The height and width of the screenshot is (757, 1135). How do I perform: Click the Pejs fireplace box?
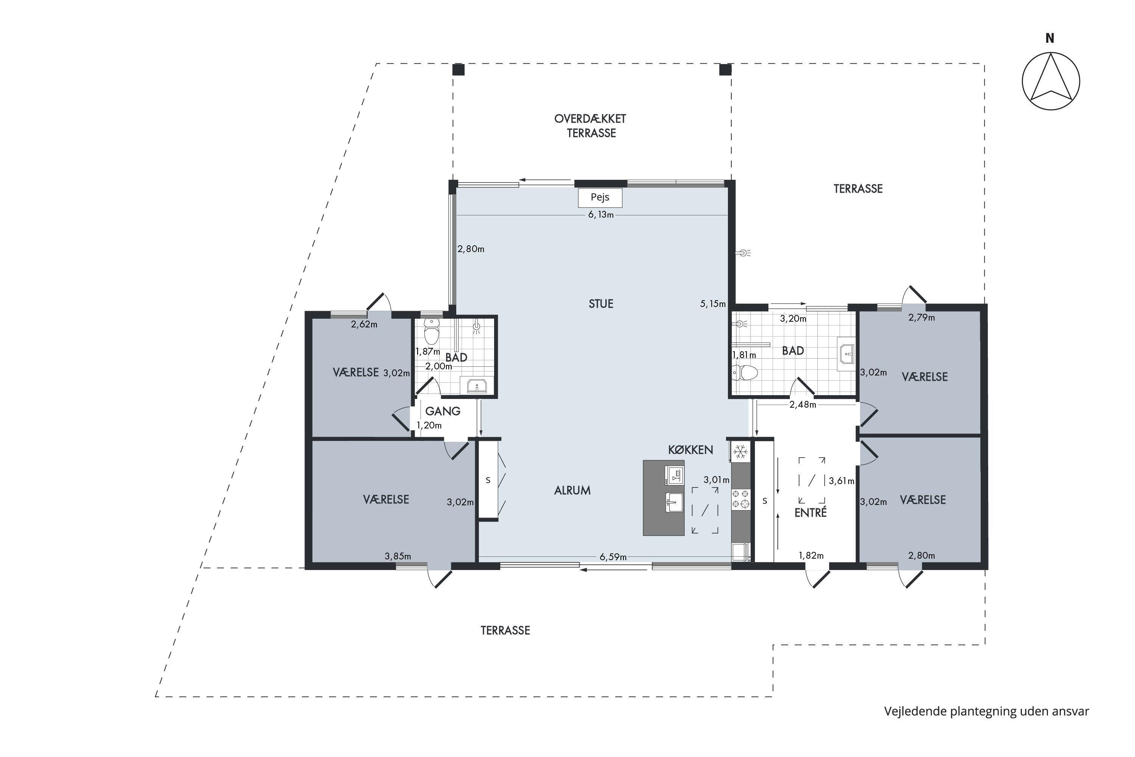pos(600,198)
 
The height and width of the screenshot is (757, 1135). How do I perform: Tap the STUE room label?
pos(601,304)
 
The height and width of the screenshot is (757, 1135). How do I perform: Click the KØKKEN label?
pos(690,450)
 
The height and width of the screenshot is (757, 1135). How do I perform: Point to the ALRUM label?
pos(572,491)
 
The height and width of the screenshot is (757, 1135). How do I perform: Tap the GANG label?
pos(443,411)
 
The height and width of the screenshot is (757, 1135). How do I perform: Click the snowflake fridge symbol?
pos(740,452)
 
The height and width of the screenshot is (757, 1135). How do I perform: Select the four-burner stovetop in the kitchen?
pos(740,499)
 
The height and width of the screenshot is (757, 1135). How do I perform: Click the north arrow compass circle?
pos(1051,81)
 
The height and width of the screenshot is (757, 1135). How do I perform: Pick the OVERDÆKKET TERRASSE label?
pos(591,126)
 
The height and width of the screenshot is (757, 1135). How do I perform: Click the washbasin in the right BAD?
pos(846,354)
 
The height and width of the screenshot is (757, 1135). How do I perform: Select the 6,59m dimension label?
pos(613,557)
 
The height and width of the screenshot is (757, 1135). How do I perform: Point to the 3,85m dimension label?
pos(398,556)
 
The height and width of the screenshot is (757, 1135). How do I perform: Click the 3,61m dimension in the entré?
pos(841,481)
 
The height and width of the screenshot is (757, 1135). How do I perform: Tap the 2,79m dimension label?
pos(922,318)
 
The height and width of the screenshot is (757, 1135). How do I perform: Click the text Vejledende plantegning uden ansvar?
pos(987,711)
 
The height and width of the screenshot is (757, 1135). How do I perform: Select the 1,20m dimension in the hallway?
pos(429,425)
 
